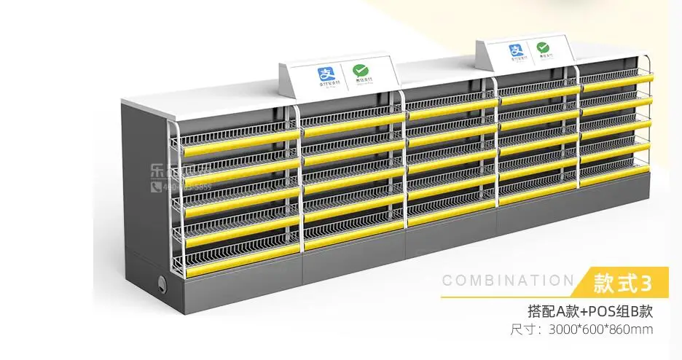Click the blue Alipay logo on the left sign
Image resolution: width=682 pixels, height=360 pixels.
click(324, 74)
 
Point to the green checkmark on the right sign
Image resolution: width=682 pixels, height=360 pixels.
click(543, 49)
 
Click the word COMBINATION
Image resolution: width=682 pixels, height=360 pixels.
click(508, 281)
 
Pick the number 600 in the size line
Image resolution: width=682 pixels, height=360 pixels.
click(594, 329)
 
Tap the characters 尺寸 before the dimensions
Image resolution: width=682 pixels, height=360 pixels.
click(522, 329)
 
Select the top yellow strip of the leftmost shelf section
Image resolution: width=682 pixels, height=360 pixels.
click(240, 136)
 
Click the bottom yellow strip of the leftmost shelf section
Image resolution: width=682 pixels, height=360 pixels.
click(240, 251)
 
